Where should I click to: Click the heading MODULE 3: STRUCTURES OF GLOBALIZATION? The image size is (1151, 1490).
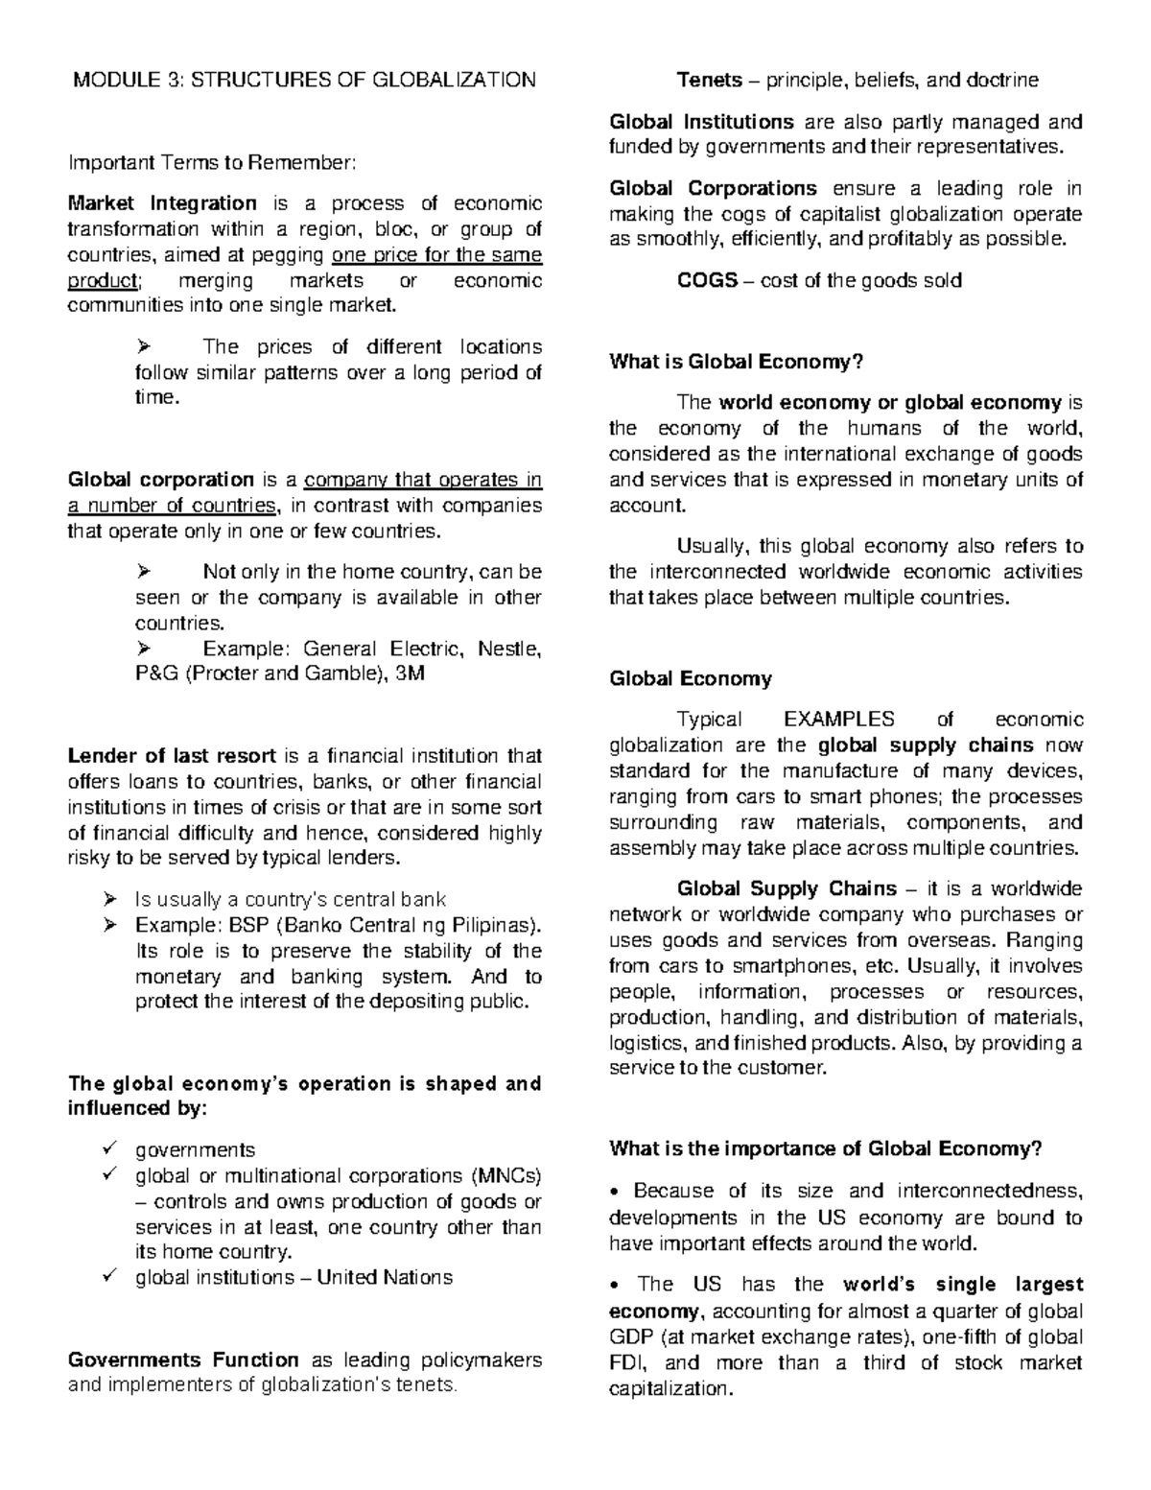pyautogui.click(x=305, y=80)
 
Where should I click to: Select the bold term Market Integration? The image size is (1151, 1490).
pyautogui.click(x=162, y=203)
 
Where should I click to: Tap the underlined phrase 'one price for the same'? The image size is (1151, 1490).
pyautogui.click(x=436, y=255)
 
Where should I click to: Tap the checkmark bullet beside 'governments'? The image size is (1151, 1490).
pyautogui.click(x=109, y=1149)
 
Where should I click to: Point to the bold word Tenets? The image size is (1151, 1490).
pyautogui.click(x=709, y=80)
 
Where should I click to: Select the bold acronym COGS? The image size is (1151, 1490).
pyautogui.click(x=707, y=281)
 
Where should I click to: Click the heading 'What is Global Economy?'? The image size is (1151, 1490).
pyautogui.click(x=737, y=362)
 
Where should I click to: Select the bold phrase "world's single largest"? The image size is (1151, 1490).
pyautogui.click(x=962, y=1285)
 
